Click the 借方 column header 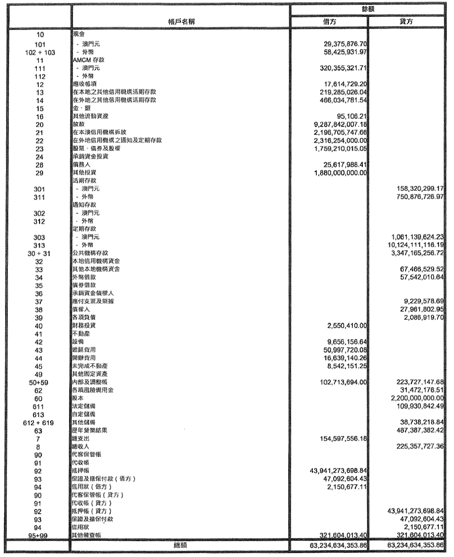329,22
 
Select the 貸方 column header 406,22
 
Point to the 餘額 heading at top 368,9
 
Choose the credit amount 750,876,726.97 417,197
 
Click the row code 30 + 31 39,253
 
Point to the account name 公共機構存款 90,253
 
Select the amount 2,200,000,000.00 417,398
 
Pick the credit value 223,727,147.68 417,382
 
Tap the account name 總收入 81,446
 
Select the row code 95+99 38,536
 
